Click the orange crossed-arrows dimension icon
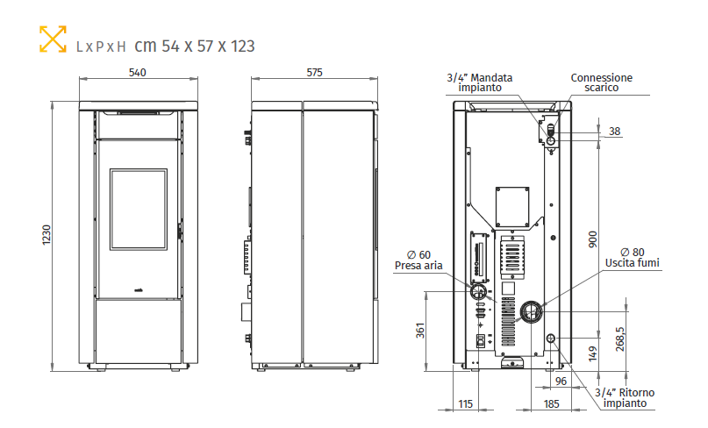coord(53,39)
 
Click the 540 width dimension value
coord(137,73)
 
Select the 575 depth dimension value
coord(314,73)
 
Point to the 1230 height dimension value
coord(46,235)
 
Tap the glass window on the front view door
coord(139,210)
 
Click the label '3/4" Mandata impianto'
coord(480,82)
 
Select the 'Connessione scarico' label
coord(602,82)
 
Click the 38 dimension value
coord(614,132)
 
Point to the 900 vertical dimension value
coord(593,239)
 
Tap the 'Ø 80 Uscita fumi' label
coord(633,258)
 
